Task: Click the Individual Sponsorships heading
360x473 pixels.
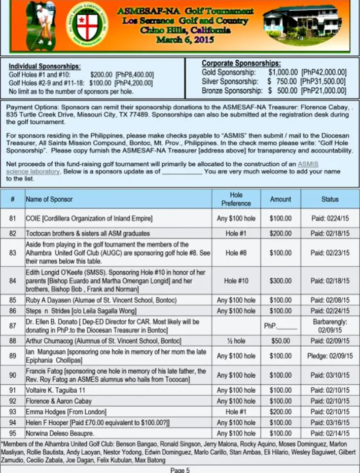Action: [x=45, y=66]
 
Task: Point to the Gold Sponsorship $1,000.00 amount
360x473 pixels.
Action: [x=283, y=72]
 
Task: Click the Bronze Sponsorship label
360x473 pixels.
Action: [x=230, y=91]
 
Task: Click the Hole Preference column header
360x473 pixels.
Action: [x=236, y=199]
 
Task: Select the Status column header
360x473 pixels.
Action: [x=330, y=199]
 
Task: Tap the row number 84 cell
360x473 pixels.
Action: [x=13, y=280]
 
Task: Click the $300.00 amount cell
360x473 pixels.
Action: [x=280, y=280]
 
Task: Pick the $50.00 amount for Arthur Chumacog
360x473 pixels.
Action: [x=280, y=340]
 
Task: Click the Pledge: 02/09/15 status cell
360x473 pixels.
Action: [x=330, y=356]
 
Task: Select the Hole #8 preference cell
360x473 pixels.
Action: [x=236, y=252]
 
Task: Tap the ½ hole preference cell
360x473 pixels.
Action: [x=236, y=340]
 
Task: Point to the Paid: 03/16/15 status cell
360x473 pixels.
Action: [x=330, y=423]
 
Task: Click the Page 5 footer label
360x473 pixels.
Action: [x=180, y=469]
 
